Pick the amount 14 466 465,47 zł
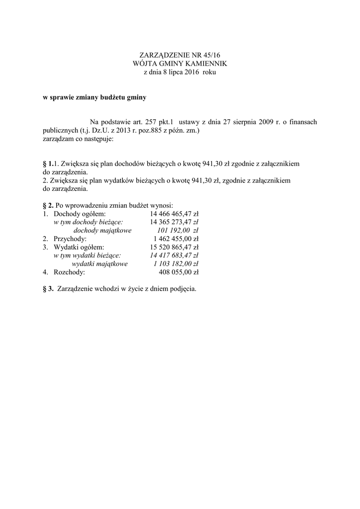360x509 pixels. pos(174,213)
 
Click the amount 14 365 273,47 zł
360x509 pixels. pos(174,222)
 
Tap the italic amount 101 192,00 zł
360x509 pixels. pos(177,230)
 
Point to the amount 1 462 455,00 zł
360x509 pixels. pos(176,239)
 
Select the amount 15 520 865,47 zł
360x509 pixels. pos(174,247)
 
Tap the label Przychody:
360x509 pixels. pos(70,239)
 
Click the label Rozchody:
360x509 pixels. pos(69,272)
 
